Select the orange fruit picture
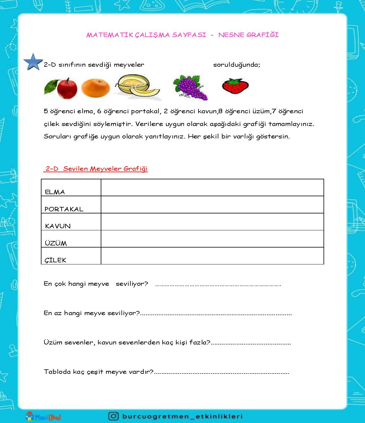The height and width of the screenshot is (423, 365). [x=95, y=88]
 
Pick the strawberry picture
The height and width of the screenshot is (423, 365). [x=235, y=86]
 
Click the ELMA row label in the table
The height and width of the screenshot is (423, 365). [x=55, y=192]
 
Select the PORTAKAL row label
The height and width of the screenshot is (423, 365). [x=64, y=209]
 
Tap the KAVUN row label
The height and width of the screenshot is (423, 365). [x=58, y=226]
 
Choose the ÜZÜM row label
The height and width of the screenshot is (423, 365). [x=56, y=243]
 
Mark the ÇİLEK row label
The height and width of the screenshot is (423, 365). [x=55, y=260]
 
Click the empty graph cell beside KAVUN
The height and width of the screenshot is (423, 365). [x=212, y=222]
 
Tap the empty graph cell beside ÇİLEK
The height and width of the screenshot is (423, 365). [x=212, y=256]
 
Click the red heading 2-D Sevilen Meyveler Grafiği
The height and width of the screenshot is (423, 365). [x=96, y=169]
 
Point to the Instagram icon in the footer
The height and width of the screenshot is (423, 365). [x=113, y=416]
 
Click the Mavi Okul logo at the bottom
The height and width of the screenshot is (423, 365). [x=43, y=416]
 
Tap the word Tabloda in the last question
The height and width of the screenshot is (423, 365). [x=57, y=371]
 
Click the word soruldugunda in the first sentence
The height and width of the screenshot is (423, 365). [x=236, y=65]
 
